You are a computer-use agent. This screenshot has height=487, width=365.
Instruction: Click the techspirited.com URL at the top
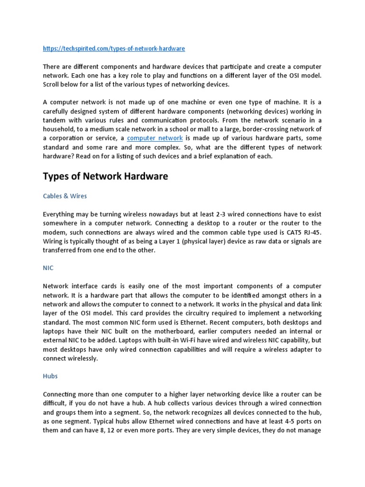point(114,49)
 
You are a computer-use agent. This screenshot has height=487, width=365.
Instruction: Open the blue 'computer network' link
point(155,138)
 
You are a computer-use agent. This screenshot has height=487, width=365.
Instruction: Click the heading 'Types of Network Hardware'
point(106,176)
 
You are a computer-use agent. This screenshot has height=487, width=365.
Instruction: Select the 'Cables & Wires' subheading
point(65,195)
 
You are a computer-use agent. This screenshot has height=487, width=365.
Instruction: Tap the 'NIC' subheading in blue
point(48,268)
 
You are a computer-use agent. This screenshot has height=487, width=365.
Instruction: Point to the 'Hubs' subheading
point(50,376)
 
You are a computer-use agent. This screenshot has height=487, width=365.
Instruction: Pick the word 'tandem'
point(54,120)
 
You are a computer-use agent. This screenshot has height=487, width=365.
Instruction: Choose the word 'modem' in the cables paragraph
point(55,232)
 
